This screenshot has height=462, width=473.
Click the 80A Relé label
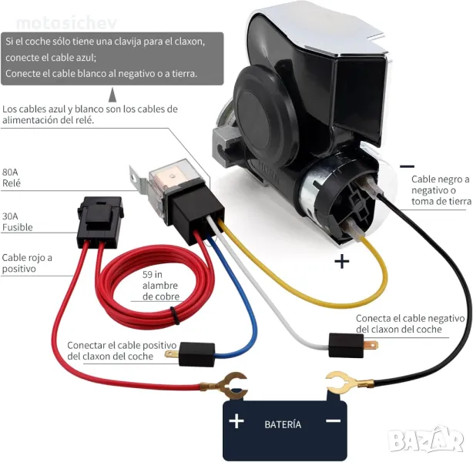tap(12, 177)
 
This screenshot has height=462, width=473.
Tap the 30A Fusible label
tap(18, 222)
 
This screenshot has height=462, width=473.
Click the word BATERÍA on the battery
tap(283, 424)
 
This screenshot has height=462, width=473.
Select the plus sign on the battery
tap(236, 421)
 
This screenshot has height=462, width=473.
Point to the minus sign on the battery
tap(333, 420)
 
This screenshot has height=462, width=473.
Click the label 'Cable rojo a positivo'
tap(27, 263)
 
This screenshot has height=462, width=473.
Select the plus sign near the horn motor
tap(341, 261)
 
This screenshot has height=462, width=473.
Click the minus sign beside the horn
tap(407, 165)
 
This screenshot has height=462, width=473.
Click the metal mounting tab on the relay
tap(139, 183)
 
